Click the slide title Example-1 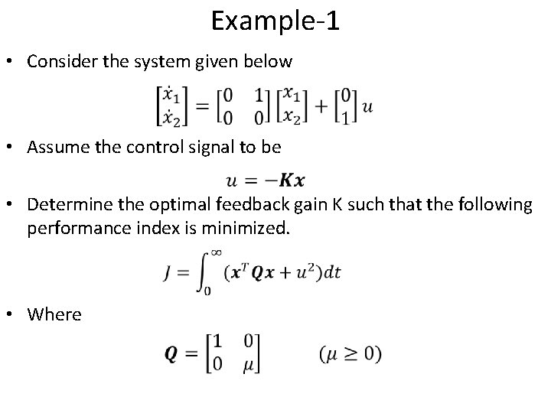[275, 21]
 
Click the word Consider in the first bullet [58, 61]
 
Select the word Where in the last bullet [54, 314]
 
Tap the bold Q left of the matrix [172, 355]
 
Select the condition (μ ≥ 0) [349, 354]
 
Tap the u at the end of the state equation [368, 108]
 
